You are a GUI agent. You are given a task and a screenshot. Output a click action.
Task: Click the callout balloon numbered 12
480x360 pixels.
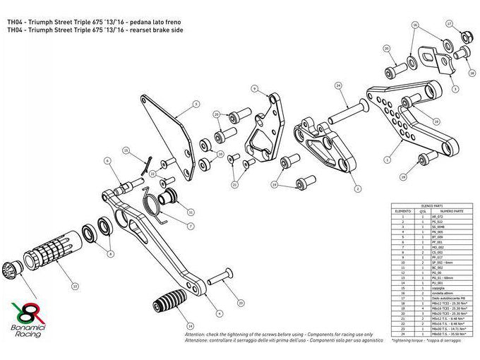point(76,287)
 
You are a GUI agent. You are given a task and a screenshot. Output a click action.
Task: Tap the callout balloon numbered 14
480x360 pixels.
point(188,326)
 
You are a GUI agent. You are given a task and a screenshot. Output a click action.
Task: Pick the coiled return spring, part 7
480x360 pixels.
point(154,203)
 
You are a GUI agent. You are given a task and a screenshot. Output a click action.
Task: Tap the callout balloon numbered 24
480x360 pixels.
point(338,85)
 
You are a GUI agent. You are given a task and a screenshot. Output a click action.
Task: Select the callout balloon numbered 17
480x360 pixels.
point(450,23)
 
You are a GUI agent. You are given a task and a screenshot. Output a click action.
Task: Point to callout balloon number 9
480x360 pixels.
point(254,88)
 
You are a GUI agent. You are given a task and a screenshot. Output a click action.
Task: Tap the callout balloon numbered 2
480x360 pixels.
point(357,188)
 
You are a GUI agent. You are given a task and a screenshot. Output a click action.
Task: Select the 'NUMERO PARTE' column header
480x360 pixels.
point(450,210)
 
